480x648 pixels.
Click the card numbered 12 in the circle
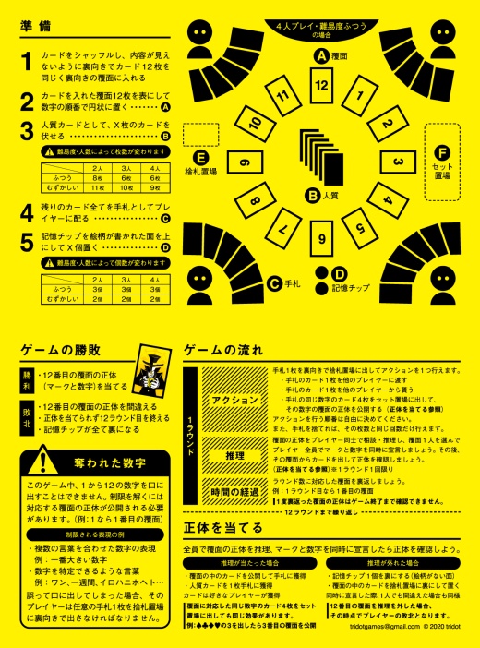click(320, 86)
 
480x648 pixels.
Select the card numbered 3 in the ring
click(396, 162)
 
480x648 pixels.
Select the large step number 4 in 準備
click(28, 214)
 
